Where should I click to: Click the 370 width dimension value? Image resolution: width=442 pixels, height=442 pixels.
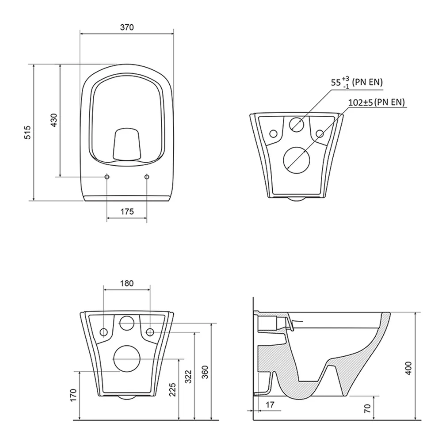[x=127, y=27]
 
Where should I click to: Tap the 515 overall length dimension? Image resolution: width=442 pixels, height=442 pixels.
[x=27, y=133]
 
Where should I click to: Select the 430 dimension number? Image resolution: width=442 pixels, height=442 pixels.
[x=54, y=120]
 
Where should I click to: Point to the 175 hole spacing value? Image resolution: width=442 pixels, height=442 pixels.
[x=127, y=211]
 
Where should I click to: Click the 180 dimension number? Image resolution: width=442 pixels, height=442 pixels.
[x=127, y=283]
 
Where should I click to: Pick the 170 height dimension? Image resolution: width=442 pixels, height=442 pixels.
[x=73, y=395]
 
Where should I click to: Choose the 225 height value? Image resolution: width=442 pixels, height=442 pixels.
[x=172, y=389]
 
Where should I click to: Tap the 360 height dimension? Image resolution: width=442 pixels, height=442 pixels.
[x=205, y=372]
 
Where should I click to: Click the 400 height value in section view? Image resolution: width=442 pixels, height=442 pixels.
[x=408, y=368]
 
